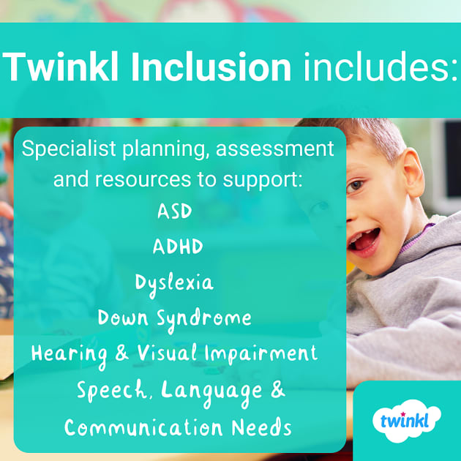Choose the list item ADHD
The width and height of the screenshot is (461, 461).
(x=178, y=247)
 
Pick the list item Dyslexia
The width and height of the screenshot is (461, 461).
(x=174, y=283)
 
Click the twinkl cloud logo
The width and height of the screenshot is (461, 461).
(x=411, y=421)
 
